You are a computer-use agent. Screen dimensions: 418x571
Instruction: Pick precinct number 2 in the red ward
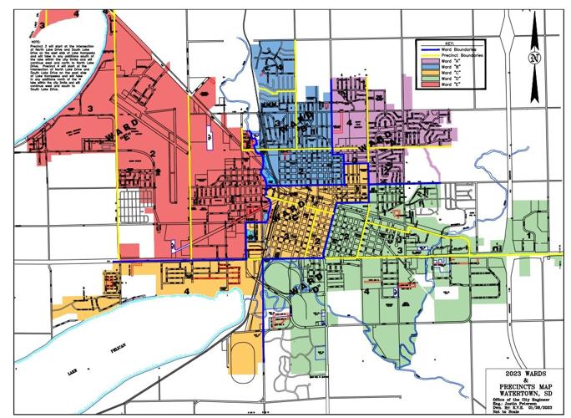(153, 154)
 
